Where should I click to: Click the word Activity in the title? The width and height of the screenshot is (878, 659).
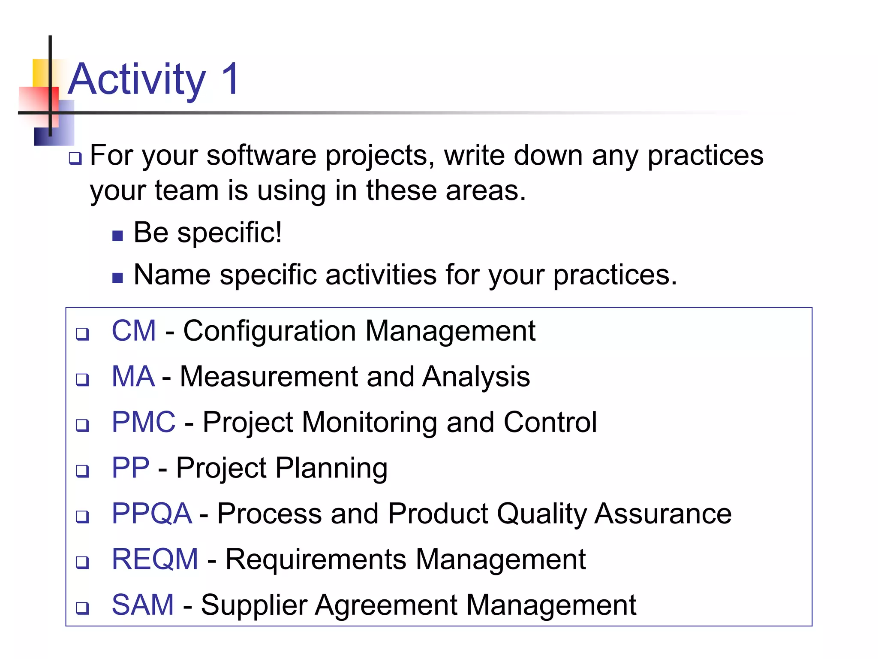coord(136,79)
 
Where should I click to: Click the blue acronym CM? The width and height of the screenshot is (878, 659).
coord(134,331)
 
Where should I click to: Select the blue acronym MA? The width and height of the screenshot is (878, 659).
coord(133,377)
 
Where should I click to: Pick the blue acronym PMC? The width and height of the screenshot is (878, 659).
coord(144,422)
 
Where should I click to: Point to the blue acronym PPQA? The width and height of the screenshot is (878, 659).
coord(152,514)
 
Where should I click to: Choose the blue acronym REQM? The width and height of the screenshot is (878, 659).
coord(155,559)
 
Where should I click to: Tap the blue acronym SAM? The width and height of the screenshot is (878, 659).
coord(143,605)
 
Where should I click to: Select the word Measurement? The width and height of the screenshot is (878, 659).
coord(268,377)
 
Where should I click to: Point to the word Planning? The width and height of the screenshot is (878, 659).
coord(331,469)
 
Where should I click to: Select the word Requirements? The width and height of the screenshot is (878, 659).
coord(316,559)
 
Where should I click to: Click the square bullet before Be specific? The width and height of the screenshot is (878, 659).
coord(117,236)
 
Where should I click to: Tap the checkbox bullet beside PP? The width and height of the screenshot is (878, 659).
coord(82,471)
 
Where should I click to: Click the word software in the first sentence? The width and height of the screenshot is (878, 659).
coord(261,155)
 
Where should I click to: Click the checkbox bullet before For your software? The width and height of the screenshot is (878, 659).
coord(75,159)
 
